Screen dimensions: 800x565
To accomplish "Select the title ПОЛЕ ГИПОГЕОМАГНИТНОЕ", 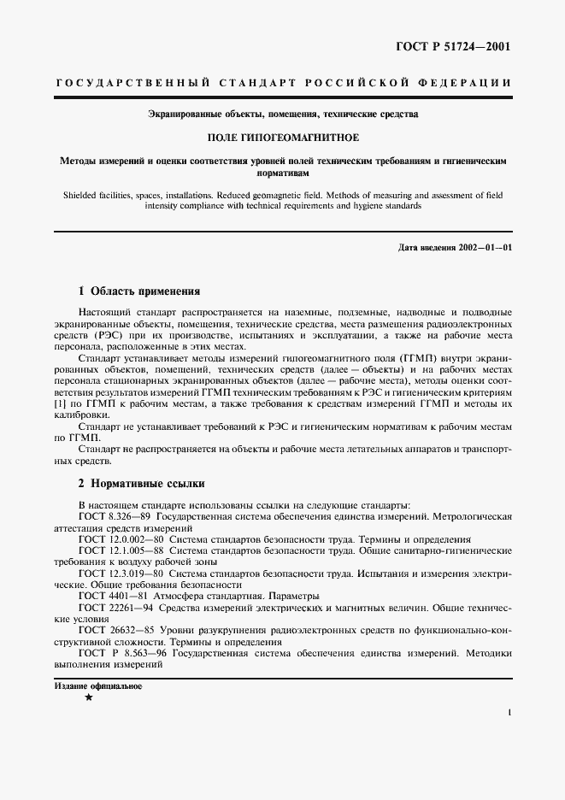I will click(x=282, y=137).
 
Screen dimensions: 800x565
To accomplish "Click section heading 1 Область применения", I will click(x=138, y=291).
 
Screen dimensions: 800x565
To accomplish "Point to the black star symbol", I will click(x=88, y=698).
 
